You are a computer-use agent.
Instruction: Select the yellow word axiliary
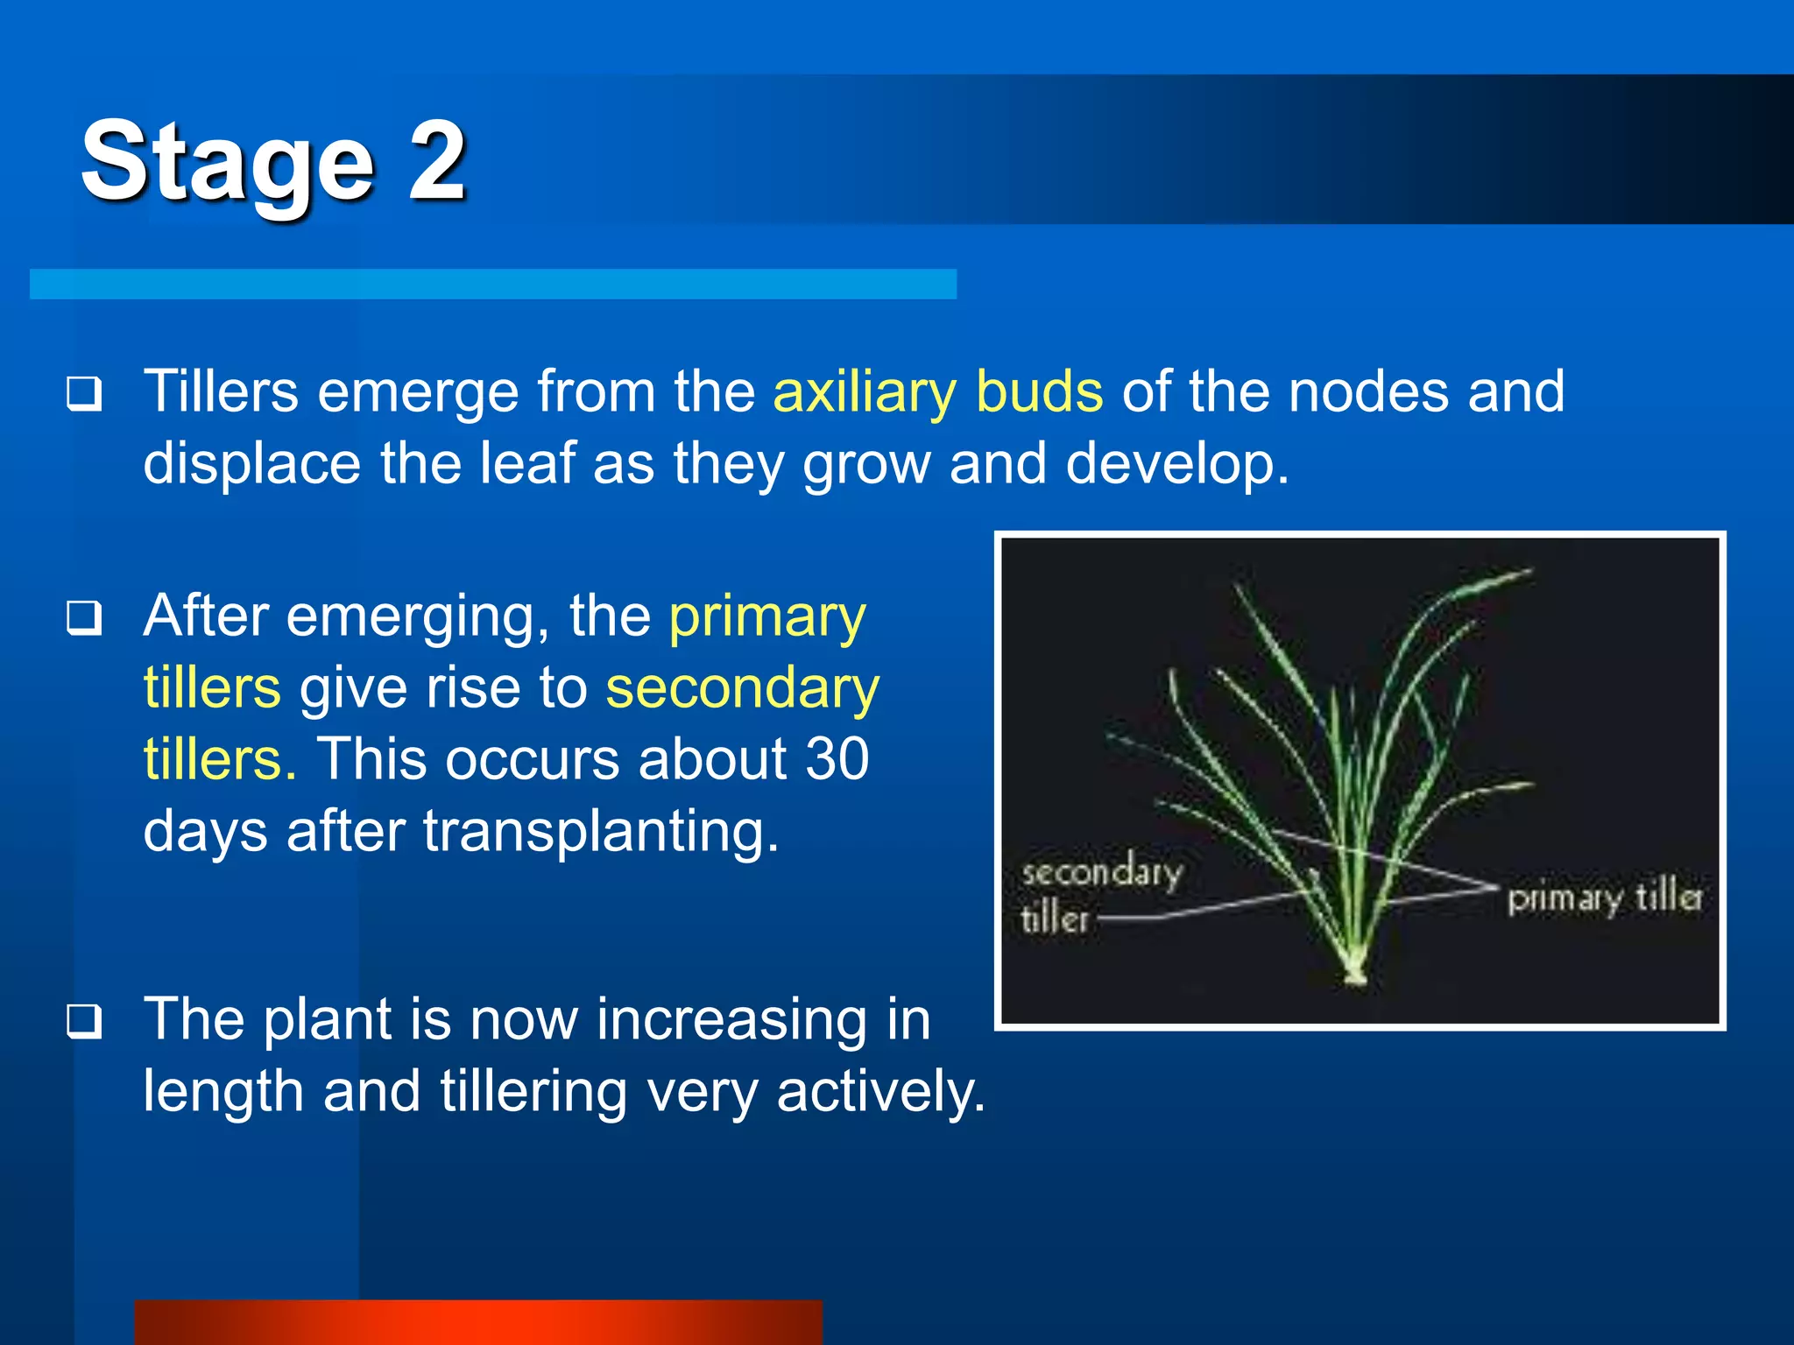pos(864,391)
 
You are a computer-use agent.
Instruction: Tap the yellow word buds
pos(1039,391)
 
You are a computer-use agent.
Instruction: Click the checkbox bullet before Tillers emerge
pos(84,393)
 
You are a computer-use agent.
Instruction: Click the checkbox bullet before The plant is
pos(84,1021)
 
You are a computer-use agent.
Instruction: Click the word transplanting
pos(601,831)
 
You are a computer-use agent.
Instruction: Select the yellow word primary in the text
pos(767,616)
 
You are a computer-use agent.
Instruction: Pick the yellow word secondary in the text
pos(742,688)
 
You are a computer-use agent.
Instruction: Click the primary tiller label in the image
pos(1604,898)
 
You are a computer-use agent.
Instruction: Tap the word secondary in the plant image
pos(1102,872)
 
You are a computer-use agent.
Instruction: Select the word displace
pos(252,463)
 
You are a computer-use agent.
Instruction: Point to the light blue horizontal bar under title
pos(492,284)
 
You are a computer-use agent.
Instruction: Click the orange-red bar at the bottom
pos(478,1322)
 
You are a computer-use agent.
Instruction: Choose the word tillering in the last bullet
pos(533,1092)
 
